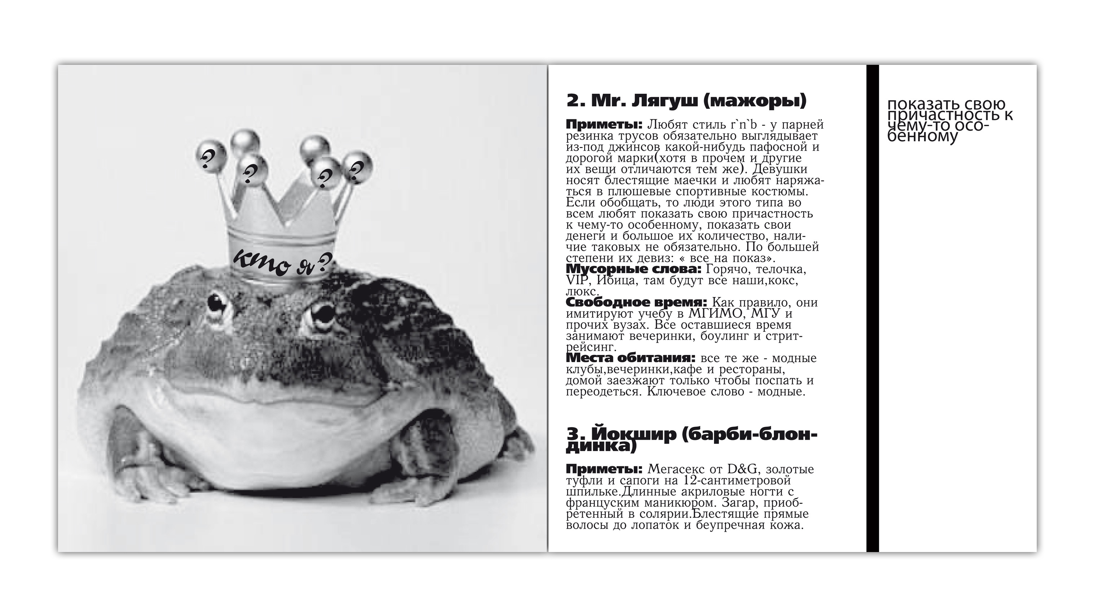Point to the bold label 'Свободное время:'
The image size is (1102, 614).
(x=636, y=302)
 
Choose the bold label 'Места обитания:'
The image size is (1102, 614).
(x=630, y=358)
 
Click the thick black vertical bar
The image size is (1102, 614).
(x=872, y=308)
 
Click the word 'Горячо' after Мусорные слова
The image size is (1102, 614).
(x=728, y=270)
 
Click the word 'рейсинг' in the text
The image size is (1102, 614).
(x=587, y=347)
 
